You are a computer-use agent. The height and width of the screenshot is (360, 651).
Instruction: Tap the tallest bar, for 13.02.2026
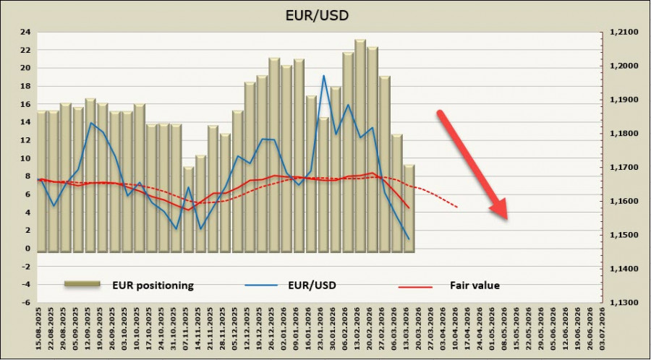tap(359, 145)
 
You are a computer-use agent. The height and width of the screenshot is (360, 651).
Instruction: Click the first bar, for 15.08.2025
tap(42, 181)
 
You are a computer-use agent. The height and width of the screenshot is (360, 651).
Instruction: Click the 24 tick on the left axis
tap(25, 32)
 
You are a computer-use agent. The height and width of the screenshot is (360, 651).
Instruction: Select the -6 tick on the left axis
tap(25, 303)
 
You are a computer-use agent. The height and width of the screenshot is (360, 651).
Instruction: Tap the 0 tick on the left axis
tap(27, 249)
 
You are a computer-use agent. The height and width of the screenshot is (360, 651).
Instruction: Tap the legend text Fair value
tap(475, 285)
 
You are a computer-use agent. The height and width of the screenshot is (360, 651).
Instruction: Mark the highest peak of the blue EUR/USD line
tap(323, 75)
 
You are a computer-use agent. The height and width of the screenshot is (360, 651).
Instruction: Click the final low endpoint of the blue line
tap(409, 239)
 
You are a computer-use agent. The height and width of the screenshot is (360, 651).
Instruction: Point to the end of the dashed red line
tap(457, 207)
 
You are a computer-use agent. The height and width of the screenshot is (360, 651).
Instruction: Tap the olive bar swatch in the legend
tap(81, 285)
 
